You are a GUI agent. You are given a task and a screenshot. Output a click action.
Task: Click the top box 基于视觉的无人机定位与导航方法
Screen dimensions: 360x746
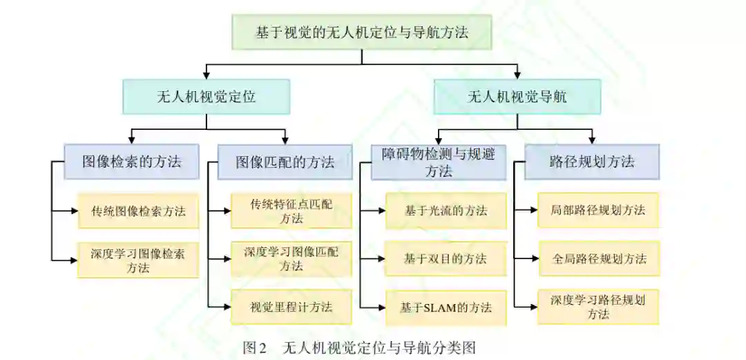coord(363,32)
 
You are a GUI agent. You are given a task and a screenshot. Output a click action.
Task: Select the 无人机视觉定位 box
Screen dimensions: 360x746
coord(206,97)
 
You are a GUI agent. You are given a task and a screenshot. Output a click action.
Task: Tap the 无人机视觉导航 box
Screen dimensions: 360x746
coord(517,97)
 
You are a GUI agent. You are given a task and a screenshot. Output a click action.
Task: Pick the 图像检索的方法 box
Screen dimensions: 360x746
coord(132,162)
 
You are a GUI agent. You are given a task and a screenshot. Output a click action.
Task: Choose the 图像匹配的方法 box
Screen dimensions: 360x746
coord(285,162)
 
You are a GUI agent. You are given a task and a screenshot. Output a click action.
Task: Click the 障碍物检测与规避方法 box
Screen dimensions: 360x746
coord(439,162)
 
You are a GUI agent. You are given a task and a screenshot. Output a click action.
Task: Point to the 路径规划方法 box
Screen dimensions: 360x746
coord(592,162)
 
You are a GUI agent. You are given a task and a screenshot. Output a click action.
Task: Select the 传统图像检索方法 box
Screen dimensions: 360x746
coord(138,211)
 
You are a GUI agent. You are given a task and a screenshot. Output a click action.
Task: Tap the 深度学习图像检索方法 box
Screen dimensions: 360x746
coord(138,260)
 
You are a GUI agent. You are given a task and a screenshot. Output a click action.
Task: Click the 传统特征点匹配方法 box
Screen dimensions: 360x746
coord(291,211)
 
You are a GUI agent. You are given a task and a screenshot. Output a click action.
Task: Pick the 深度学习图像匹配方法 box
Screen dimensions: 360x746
coord(291,258)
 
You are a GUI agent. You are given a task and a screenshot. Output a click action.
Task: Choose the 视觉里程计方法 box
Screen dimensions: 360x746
coord(291,307)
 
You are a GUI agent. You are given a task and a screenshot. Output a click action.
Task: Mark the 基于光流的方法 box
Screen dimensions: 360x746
coord(446,211)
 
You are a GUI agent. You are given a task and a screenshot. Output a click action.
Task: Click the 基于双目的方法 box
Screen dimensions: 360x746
coord(446,258)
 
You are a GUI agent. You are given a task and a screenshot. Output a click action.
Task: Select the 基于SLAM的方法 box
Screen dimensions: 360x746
coord(446,307)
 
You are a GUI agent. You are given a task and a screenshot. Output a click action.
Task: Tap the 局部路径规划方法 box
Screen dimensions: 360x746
coord(599,210)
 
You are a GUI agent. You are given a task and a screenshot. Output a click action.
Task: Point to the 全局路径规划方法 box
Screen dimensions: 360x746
coord(599,258)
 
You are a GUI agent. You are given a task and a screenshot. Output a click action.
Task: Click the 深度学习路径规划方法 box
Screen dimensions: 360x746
coord(599,307)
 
